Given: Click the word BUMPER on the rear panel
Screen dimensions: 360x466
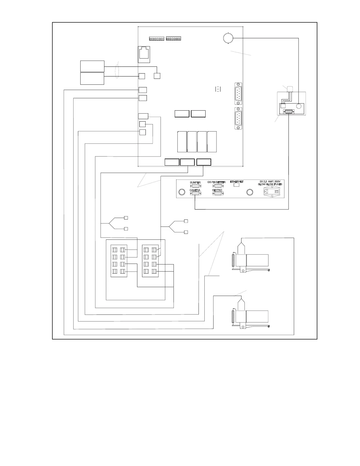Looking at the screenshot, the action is [195, 182].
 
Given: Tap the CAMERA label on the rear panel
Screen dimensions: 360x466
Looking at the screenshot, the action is [195, 190].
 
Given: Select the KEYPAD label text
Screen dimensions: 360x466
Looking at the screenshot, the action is [217, 190].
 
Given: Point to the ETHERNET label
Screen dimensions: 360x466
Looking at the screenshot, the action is [237, 182].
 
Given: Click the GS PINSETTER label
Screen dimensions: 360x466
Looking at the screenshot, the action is [216, 182].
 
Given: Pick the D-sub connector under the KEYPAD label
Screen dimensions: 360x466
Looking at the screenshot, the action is [218, 194].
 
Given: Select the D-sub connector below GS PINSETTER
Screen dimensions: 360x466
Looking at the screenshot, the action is [218, 186].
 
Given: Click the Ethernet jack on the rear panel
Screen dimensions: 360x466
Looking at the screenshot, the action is [236, 185].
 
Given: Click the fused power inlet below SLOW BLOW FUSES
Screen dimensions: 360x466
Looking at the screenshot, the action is [272, 192].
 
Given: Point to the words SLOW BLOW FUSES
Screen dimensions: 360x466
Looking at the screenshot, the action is [270, 184].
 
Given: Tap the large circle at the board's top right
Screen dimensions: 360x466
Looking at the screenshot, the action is [228, 38].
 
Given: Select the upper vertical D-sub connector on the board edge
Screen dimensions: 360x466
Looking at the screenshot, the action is [239, 94].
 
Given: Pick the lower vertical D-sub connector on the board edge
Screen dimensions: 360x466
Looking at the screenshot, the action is [239, 118].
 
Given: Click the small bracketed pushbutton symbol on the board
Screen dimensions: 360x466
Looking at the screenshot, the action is [218, 89].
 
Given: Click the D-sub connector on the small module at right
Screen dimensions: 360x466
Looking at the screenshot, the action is [288, 111].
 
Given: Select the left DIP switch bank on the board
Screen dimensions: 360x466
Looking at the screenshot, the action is [156, 39].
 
